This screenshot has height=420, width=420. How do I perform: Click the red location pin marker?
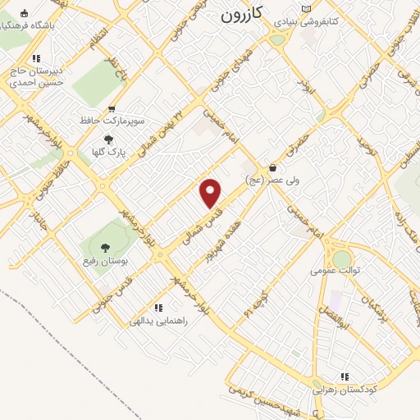(211, 193)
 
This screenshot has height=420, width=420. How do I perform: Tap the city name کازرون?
(245, 15)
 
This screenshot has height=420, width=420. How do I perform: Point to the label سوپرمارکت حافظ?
(112, 120)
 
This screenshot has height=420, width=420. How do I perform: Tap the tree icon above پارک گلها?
(108, 139)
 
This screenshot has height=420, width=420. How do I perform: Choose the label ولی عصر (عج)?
(272, 180)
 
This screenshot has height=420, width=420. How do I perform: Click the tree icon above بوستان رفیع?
(104, 247)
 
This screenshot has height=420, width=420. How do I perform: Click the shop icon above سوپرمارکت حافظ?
(112, 107)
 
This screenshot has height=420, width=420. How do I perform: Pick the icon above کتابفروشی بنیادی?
(307, 8)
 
